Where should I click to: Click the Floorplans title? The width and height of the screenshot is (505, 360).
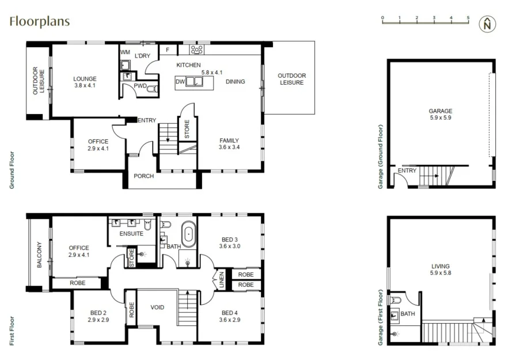point(39,22)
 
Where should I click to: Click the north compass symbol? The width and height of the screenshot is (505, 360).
point(488,24)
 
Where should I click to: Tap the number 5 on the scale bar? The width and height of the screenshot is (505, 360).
point(468,18)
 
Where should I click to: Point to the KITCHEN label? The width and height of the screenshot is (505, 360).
point(188,65)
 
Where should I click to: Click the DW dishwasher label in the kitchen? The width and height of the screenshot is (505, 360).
point(180,82)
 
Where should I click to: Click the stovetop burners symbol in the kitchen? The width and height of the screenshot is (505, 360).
point(194,50)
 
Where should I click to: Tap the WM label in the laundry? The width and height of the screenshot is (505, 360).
point(125,52)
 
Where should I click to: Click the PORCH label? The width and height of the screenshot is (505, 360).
point(143,176)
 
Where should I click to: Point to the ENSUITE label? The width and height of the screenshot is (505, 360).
point(131,234)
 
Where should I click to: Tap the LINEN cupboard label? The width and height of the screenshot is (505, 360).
point(221,281)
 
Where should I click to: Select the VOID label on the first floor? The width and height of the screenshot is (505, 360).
point(157,308)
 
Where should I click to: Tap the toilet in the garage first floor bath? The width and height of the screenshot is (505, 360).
point(396,301)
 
